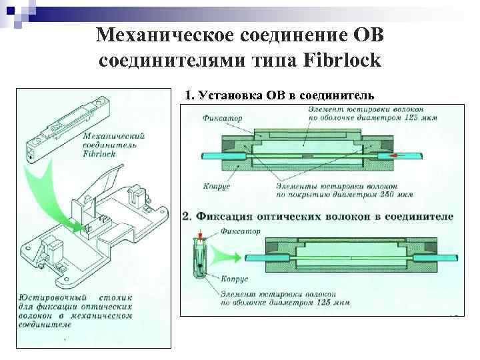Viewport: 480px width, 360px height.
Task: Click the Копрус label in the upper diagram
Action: (x=217, y=187)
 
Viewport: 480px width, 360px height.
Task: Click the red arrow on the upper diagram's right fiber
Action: (x=397, y=156)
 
